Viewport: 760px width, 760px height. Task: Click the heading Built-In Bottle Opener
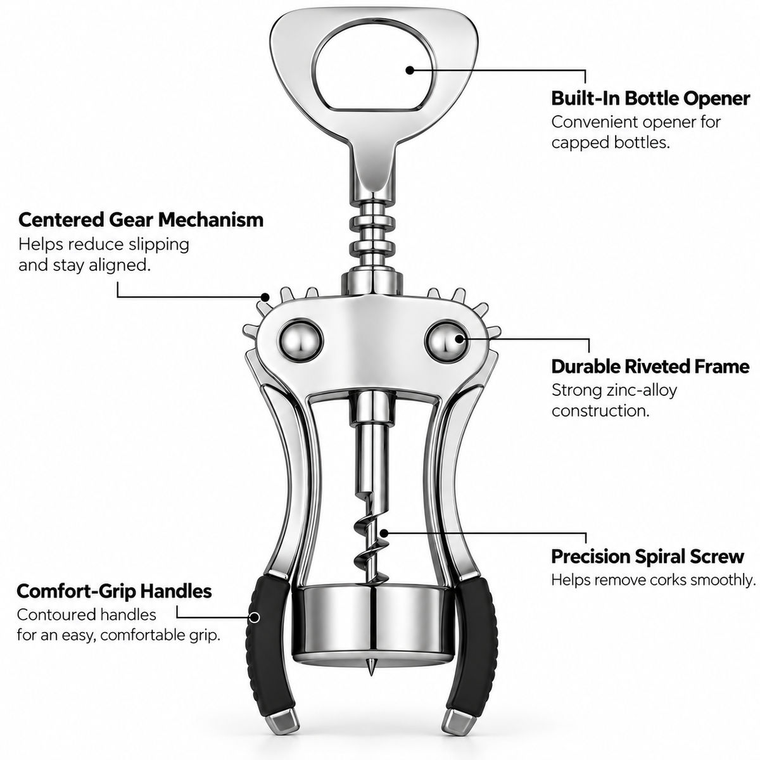650,99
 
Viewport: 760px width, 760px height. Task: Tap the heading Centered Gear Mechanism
141,220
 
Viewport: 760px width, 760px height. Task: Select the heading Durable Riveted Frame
650,367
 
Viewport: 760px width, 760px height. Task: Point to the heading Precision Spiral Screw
647,557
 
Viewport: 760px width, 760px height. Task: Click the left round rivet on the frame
301,341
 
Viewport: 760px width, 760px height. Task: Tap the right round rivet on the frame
447,341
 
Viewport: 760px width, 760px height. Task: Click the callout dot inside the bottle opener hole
410,70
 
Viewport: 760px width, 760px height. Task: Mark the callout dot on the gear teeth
265,296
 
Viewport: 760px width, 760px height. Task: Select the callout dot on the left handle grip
255,617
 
